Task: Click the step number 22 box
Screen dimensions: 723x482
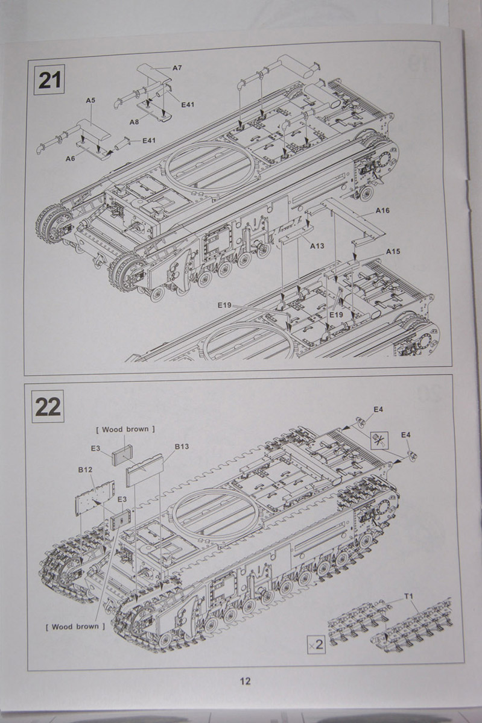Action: (x=47, y=406)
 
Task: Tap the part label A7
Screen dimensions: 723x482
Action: (x=177, y=68)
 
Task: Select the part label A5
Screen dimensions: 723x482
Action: (x=90, y=101)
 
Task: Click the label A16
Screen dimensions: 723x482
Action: (x=382, y=211)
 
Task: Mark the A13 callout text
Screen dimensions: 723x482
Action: (x=317, y=246)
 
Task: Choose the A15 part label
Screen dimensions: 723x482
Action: (x=393, y=251)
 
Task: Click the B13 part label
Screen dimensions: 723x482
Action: (x=182, y=446)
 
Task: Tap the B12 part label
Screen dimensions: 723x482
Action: (x=84, y=469)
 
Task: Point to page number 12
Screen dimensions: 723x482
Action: (x=245, y=681)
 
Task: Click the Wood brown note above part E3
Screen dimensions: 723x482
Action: (x=125, y=429)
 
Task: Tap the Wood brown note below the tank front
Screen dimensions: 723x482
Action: (x=75, y=627)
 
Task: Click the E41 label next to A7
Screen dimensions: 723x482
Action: (x=188, y=105)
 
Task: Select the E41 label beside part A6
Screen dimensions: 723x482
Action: (x=149, y=141)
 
